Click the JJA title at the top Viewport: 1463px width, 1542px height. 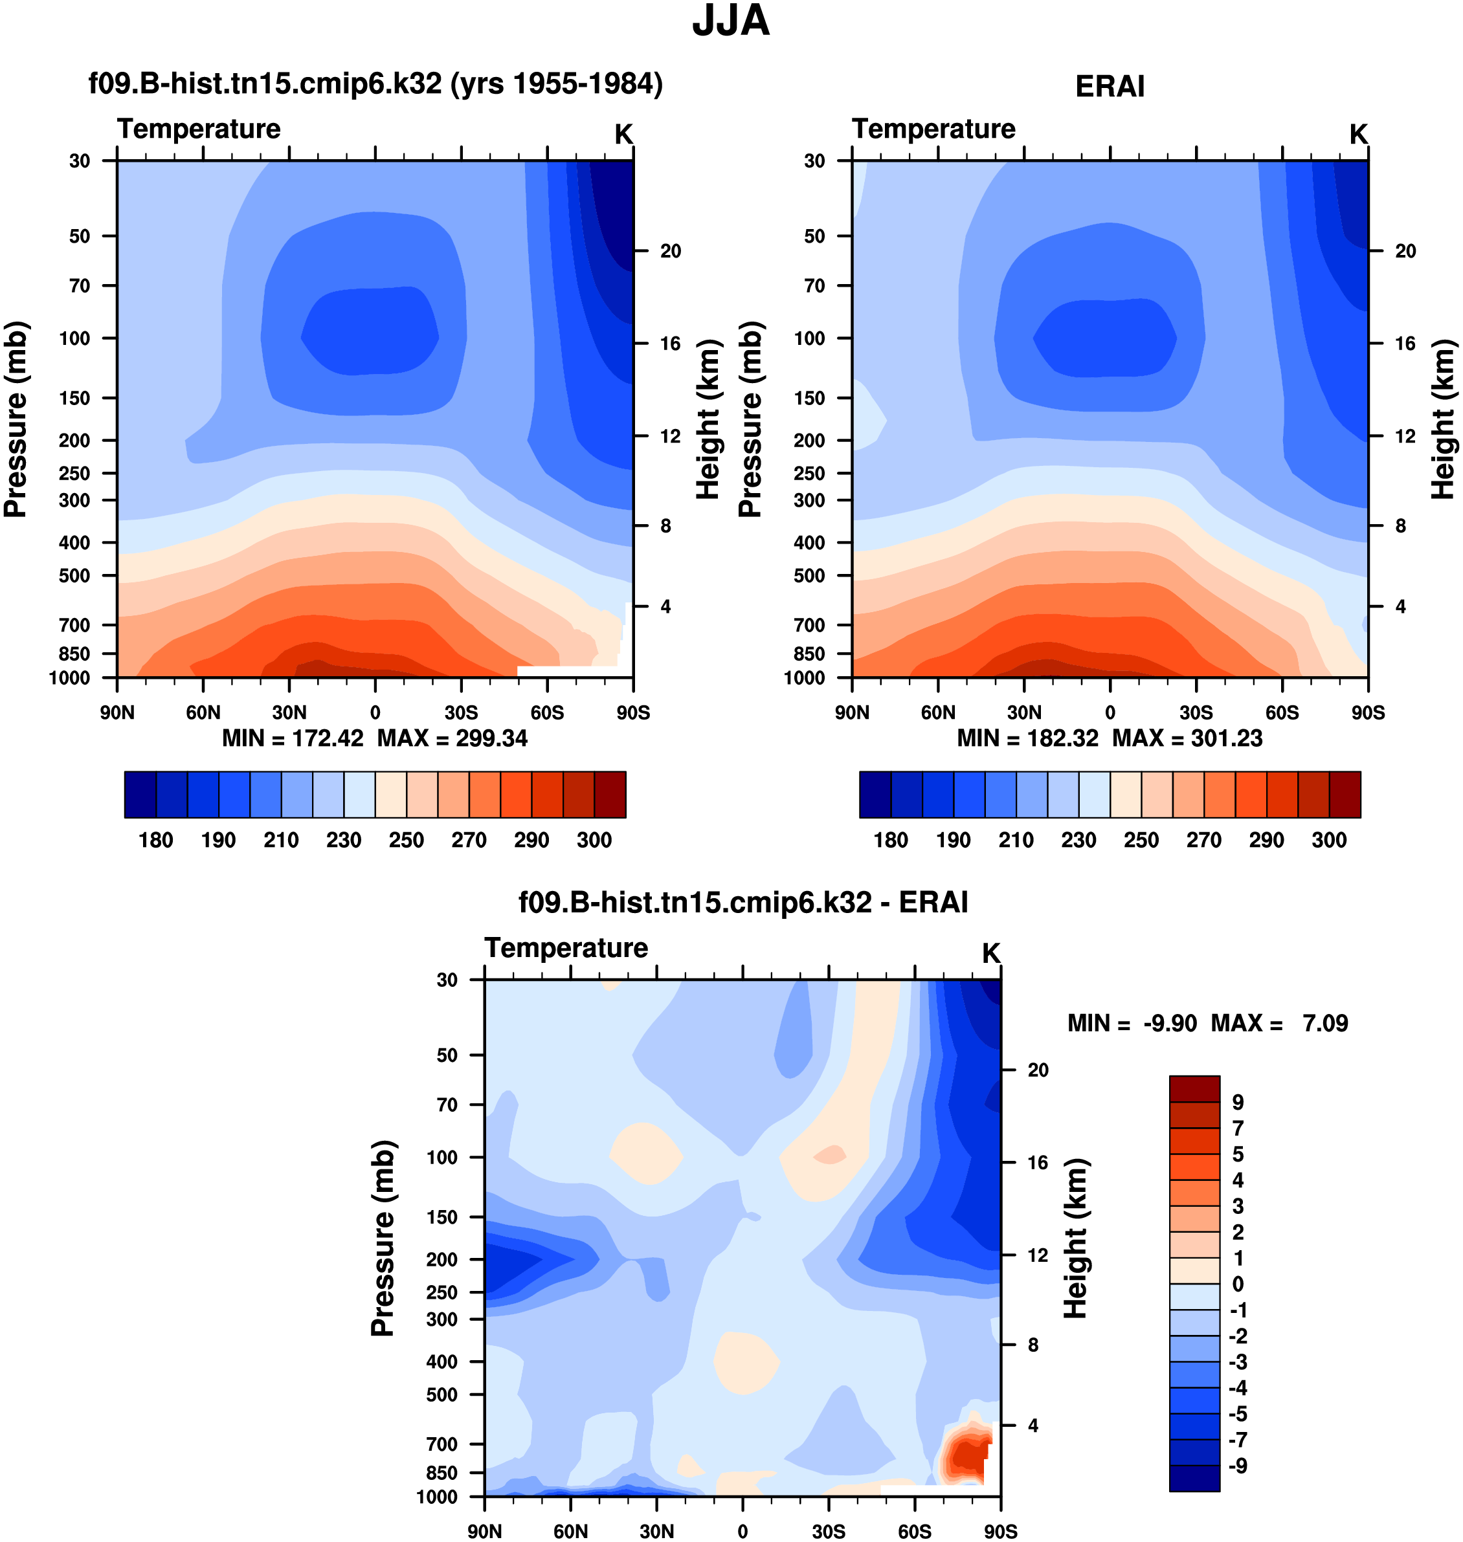coord(731,21)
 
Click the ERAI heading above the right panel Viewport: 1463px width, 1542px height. coord(1110,87)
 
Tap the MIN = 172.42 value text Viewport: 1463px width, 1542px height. coord(293,738)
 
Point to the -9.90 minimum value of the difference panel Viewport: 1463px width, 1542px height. coord(1170,1024)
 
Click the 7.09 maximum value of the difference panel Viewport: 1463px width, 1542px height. coord(1325,1024)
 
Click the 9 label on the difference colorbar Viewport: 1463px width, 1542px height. coord(1238,1103)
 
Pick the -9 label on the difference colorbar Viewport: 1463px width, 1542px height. coord(1238,1466)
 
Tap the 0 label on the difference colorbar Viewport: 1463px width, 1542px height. coord(1238,1284)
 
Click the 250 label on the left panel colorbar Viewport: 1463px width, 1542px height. coord(407,841)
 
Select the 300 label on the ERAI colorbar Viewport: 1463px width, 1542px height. coord(1329,841)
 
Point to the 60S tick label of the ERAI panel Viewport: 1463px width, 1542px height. coord(1282,712)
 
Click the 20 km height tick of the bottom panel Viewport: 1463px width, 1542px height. coord(1038,1070)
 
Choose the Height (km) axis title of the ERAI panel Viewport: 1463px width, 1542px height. coord(1443,419)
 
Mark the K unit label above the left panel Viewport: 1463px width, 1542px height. coord(623,135)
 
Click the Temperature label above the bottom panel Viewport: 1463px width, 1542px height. coord(566,948)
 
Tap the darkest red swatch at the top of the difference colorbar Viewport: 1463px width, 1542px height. coord(1194,1089)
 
